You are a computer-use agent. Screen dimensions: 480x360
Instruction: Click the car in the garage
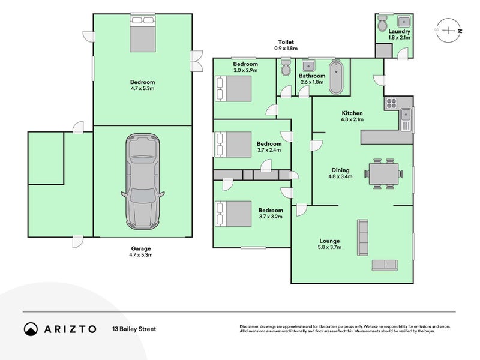point(143,182)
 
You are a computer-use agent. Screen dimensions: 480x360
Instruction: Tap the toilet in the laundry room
point(383,23)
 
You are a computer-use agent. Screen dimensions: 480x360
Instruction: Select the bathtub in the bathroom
point(336,77)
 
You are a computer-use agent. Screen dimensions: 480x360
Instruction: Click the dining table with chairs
point(383,173)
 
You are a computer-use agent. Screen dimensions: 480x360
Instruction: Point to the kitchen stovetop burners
point(391,103)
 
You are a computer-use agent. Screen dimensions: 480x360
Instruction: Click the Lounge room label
point(329,241)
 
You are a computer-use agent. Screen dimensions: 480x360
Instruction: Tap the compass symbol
point(448,31)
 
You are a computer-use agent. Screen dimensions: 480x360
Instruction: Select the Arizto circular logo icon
point(31,329)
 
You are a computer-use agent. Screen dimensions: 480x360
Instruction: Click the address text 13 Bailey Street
point(134,329)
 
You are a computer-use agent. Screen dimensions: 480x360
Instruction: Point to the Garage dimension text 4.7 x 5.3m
point(141,254)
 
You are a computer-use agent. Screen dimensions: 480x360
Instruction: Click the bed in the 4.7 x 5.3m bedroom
point(143,34)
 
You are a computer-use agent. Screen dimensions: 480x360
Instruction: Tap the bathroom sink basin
point(307,66)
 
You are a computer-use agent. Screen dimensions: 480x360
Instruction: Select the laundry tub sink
point(404,22)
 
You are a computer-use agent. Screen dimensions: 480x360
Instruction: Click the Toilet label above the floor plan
point(286,42)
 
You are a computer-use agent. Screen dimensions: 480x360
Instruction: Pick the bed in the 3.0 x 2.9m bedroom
point(233,88)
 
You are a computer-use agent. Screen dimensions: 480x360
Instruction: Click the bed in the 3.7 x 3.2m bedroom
point(233,214)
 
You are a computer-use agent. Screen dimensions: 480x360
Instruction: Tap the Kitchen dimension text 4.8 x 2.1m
point(352,119)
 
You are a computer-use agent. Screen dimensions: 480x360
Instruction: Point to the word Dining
point(340,170)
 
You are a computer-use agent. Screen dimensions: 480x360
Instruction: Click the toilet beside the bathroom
point(286,68)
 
